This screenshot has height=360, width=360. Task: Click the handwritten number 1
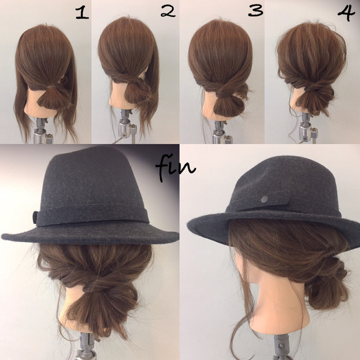click(x=82, y=13)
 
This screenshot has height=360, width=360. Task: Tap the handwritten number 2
click(x=168, y=11)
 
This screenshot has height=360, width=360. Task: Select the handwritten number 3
click(x=255, y=10)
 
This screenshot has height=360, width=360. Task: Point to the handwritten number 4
click(x=346, y=12)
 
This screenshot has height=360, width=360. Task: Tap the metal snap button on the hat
click(x=264, y=199)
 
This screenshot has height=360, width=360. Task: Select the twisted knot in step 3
click(x=222, y=91)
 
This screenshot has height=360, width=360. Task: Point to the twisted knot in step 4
click(x=313, y=87)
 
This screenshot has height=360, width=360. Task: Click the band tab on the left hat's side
click(x=35, y=217)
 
